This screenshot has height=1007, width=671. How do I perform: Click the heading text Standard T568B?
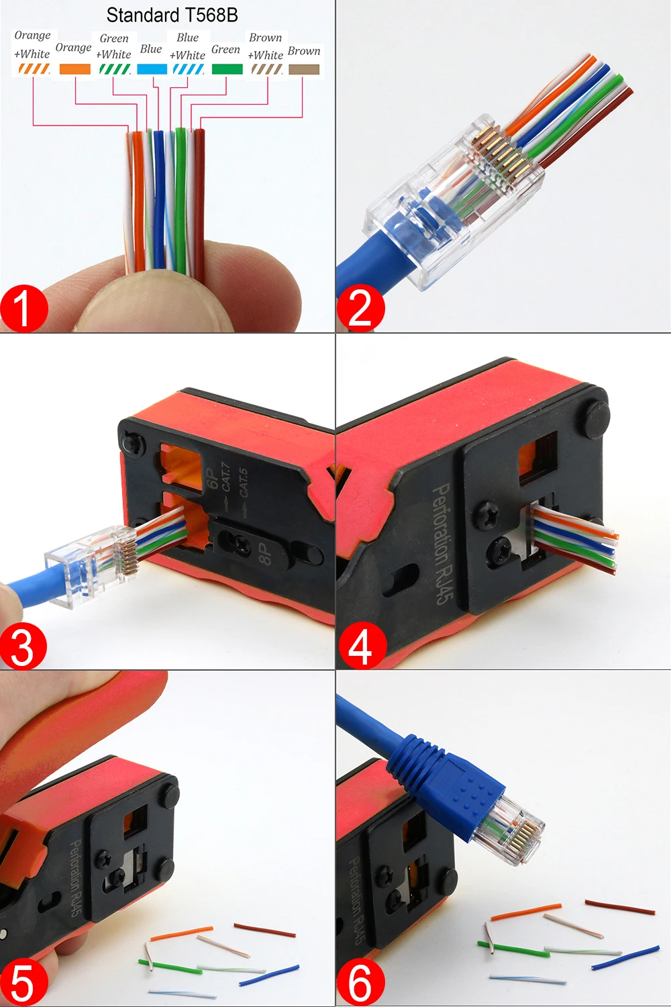tap(172, 15)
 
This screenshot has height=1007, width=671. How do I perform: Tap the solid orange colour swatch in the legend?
tap(75, 68)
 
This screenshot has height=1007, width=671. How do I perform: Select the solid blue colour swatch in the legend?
tap(152, 68)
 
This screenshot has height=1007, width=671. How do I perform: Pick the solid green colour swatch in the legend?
tap(227, 68)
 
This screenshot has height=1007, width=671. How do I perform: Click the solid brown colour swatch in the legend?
tap(304, 68)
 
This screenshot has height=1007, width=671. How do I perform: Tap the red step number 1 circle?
tap(23, 309)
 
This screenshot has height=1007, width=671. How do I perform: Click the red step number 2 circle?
tap(360, 308)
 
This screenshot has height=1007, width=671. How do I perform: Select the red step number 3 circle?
tap(23, 646)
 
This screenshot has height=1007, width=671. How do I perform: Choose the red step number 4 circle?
tap(362, 646)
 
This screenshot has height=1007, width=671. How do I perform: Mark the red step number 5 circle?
tap(23, 983)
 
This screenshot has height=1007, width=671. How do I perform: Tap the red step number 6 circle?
tap(360, 983)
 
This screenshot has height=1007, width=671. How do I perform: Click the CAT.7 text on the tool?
tap(226, 476)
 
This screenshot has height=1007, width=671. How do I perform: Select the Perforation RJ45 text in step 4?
tap(442, 544)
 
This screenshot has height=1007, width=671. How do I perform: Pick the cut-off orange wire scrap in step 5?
tap(182, 934)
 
